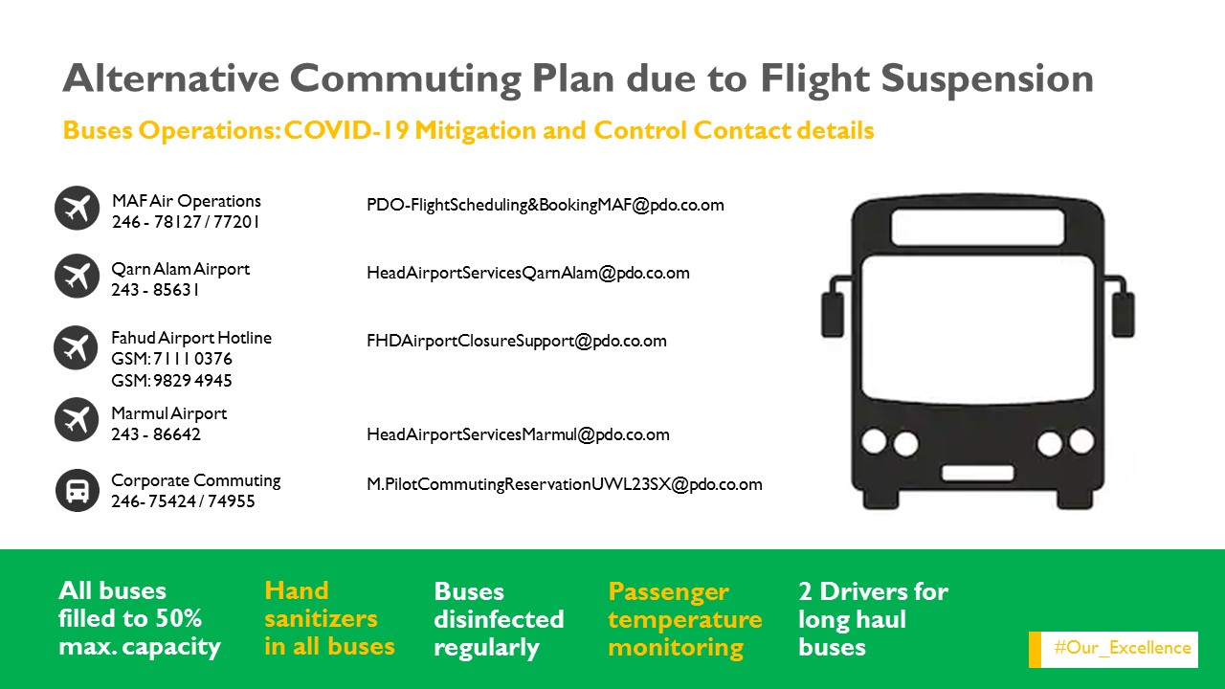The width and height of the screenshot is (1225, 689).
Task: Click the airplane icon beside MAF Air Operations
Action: pyautogui.click(x=77, y=208)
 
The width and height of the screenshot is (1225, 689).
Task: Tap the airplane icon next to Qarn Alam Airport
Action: pyautogui.click(x=77, y=276)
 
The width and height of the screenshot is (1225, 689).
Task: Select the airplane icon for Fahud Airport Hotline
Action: pyautogui.click(x=76, y=347)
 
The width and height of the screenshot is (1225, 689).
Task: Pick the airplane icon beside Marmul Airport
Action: pyautogui.click(x=77, y=419)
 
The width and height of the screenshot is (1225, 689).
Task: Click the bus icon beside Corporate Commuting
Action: pyautogui.click(x=78, y=490)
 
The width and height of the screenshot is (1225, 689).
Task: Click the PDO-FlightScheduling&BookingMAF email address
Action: pyautogui.click(x=546, y=205)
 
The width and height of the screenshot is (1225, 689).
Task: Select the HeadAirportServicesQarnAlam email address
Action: pyautogui.click(x=527, y=273)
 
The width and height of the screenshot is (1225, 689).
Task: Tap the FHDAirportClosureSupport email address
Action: pyautogui.click(x=516, y=341)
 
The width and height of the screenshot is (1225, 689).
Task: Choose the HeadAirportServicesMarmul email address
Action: pyautogui.click(x=518, y=434)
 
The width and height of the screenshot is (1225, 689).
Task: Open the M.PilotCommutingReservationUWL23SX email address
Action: pyautogui.click(x=565, y=484)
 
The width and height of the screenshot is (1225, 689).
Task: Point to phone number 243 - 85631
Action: pyautogui.click(x=155, y=290)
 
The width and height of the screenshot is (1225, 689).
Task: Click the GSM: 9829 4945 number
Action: pyautogui.click(x=171, y=380)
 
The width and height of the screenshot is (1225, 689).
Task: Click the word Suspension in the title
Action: pyautogui.click(x=987, y=78)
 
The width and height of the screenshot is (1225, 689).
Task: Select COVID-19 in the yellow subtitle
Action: pyautogui.click(x=346, y=130)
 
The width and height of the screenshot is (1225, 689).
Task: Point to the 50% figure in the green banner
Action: pyautogui.click(x=178, y=618)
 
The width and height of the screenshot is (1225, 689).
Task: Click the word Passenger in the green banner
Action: pyautogui.click(x=668, y=592)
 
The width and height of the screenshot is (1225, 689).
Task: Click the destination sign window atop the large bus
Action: pyautogui.click(x=978, y=228)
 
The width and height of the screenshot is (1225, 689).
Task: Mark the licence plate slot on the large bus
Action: pyautogui.click(x=977, y=474)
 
